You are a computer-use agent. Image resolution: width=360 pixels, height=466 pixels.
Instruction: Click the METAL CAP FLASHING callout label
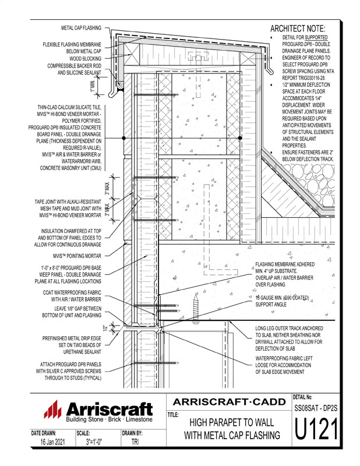pos(81,28)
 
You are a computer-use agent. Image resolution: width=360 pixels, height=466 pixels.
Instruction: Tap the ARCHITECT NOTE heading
pos(298,29)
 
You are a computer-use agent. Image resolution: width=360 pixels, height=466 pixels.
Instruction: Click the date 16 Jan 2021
pos(51,443)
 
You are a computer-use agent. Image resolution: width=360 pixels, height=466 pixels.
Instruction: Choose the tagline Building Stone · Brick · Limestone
pos(109,419)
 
